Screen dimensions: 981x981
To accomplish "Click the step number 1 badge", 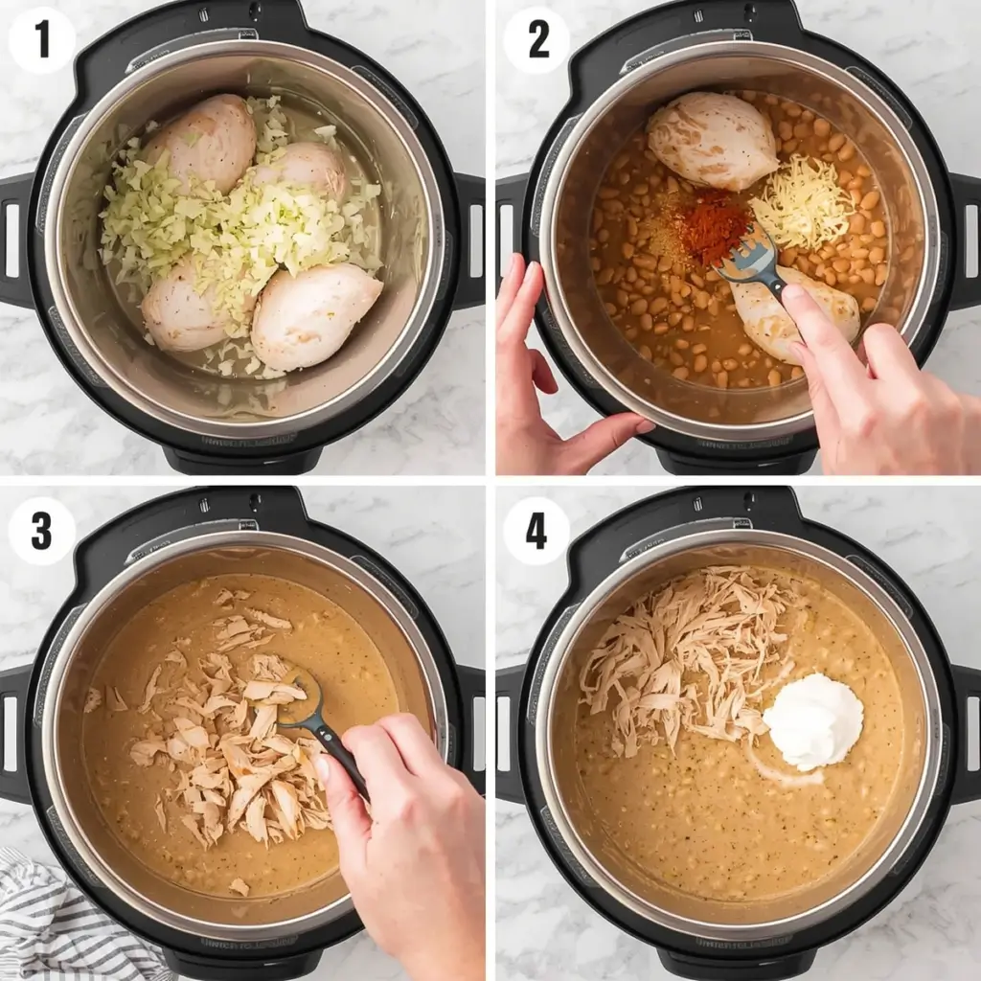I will pyautogui.click(x=41, y=39).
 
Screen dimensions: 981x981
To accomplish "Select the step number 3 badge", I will pyautogui.click(x=41, y=530).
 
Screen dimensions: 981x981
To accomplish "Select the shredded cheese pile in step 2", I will pyautogui.click(x=801, y=204).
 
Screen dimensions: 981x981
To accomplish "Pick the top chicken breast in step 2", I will pyautogui.click(x=712, y=141).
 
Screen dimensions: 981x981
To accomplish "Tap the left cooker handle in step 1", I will pyautogui.click(x=16, y=240).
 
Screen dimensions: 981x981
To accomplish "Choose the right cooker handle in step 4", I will pyautogui.click(x=965, y=733).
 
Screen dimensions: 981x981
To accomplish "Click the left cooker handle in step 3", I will pyautogui.click(x=16, y=733).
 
